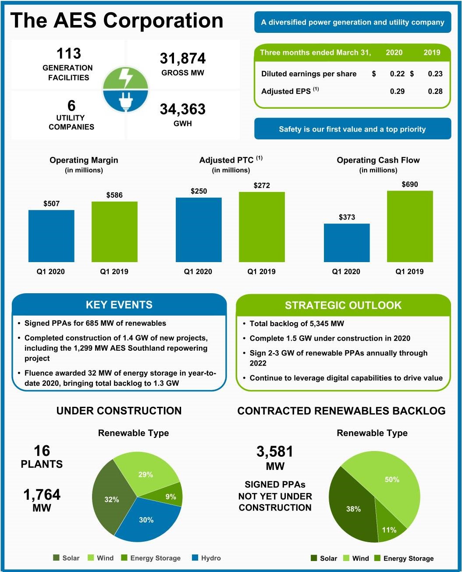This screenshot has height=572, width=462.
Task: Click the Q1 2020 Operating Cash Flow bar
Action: coord(347,243)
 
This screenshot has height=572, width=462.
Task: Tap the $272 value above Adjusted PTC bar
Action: coord(262,185)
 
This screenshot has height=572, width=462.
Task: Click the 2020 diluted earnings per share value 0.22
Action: coord(397,74)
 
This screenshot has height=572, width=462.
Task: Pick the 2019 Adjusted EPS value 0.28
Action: coord(435,91)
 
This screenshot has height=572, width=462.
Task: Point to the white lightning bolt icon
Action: coord(126,78)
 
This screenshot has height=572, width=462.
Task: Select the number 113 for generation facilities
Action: coord(69,53)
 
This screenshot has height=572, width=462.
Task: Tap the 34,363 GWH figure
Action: coord(182,109)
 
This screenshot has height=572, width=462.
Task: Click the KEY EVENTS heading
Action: coord(119,305)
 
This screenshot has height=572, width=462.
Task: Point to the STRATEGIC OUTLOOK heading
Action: coord(343,306)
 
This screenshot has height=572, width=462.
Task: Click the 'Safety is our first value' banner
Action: coord(352,129)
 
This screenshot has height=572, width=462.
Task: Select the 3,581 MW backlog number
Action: coord(275,452)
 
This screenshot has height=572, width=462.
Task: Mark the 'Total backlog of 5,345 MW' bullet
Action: coord(297,323)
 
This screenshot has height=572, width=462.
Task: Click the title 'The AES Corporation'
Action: coord(117,21)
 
